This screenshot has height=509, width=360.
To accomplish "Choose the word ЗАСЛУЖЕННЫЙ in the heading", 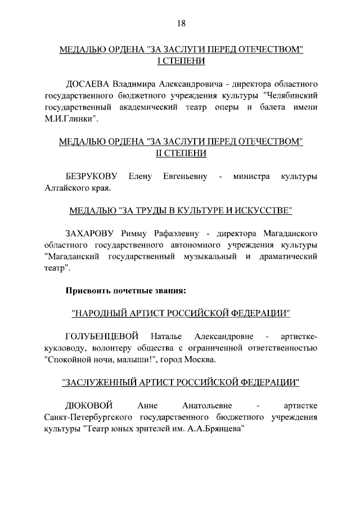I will coord(101,383).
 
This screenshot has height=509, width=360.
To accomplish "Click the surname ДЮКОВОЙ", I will coord(89,406).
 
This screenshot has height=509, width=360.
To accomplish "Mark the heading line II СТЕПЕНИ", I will coord(181,154).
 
